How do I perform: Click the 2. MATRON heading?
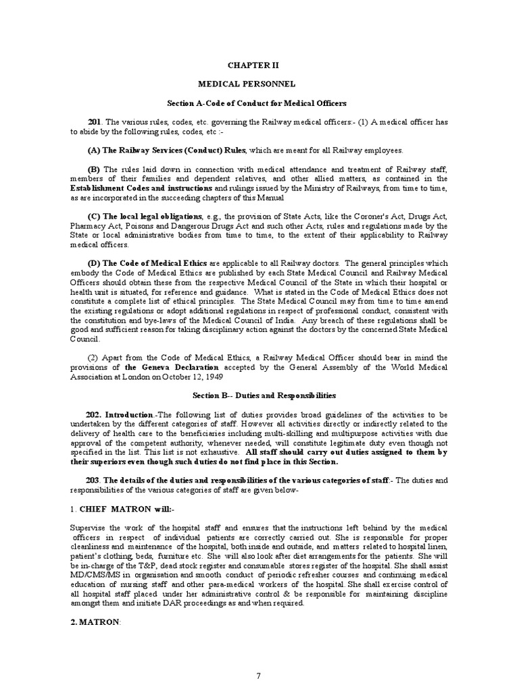(95, 622)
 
